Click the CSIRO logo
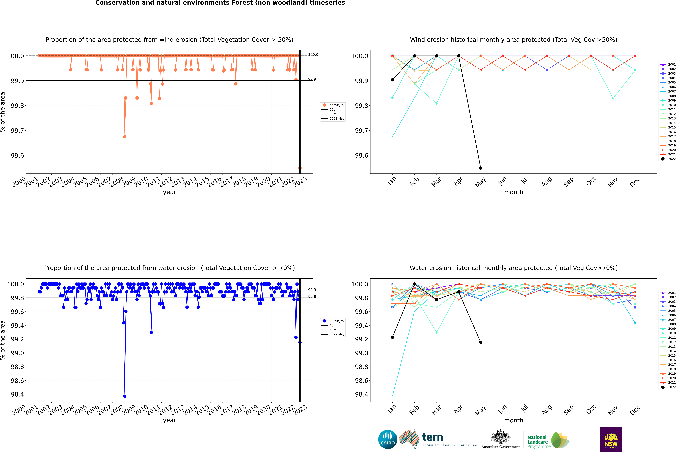tap(388, 439)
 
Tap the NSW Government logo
tap(611, 439)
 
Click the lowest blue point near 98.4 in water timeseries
tap(125, 396)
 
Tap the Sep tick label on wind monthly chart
tap(568, 182)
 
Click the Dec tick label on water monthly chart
tap(635, 410)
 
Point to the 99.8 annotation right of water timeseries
tap(312, 297)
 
